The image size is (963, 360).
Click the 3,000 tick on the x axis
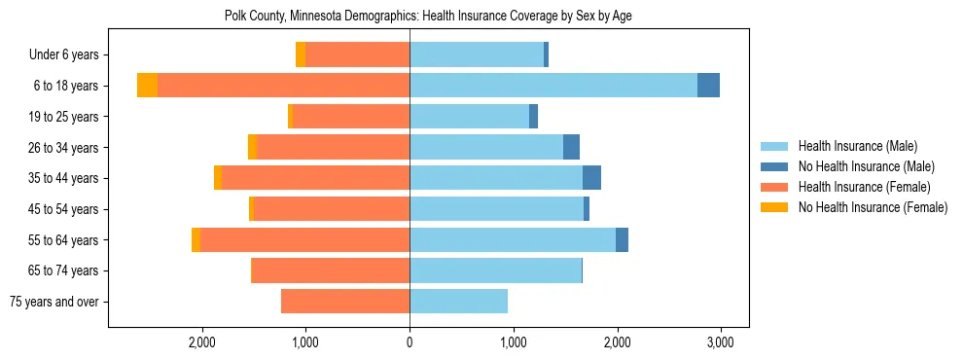[x=720, y=342]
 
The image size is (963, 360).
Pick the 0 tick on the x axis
[x=410, y=342]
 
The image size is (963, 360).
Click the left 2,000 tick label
[x=202, y=342]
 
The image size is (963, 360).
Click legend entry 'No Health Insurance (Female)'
[x=873, y=207]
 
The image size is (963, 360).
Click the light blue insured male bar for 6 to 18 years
[x=553, y=86]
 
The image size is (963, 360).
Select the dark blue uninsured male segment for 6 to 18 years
[x=708, y=86]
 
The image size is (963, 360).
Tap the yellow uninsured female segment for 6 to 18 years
[x=147, y=86]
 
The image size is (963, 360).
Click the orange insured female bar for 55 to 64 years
[x=304, y=239]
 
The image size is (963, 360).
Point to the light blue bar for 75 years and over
[x=458, y=302]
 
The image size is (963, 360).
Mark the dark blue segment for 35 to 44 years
[x=591, y=178]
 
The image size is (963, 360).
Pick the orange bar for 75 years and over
[x=345, y=302]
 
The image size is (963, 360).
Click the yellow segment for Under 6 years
[x=301, y=55]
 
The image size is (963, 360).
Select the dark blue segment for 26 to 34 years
[x=571, y=147]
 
